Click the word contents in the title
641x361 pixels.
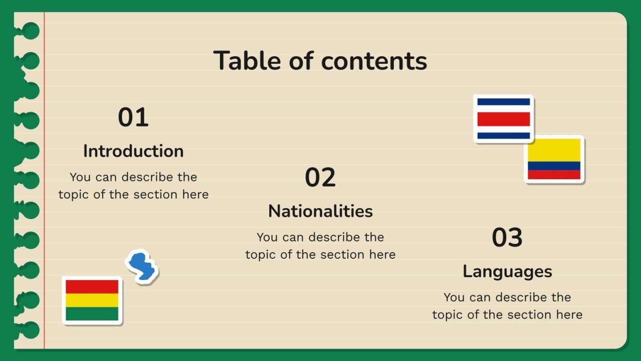[x=374, y=61]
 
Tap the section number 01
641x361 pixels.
[x=133, y=117]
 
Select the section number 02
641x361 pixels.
[x=320, y=177]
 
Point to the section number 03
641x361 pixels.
[x=507, y=238]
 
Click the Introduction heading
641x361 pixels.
[x=133, y=151]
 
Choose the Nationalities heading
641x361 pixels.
[x=320, y=211]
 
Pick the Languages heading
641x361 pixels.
[x=507, y=271]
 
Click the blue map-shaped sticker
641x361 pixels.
[x=142, y=267]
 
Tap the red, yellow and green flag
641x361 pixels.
[x=92, y=301]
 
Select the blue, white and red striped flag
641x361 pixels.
[x=504, y=118]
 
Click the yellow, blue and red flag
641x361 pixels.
[x=554, y=159]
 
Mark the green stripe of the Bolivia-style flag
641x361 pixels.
[x=92, y=314]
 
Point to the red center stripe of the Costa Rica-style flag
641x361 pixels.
[x=504, y=119]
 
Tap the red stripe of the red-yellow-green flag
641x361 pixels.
[x=92, y=287]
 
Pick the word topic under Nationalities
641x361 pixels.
[x=262, y=255]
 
